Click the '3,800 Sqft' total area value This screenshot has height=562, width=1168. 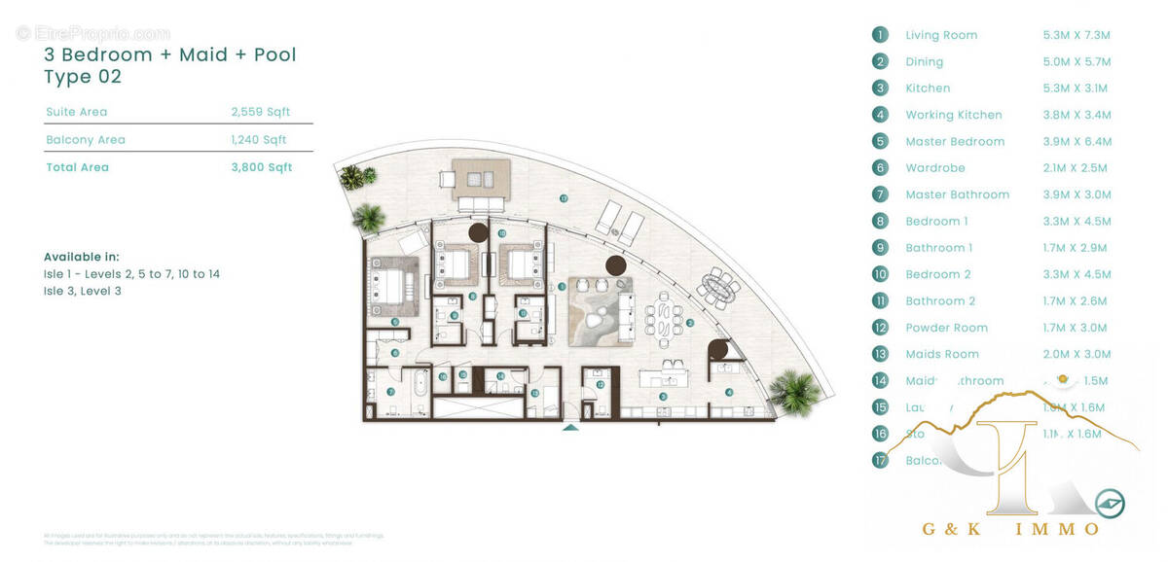[261, 167]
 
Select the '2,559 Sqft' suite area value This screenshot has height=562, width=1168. [261, 112]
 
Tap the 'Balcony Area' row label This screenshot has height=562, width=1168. [86, 140]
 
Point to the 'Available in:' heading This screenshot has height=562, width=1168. [82, 257]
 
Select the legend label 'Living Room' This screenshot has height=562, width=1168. [941, 35]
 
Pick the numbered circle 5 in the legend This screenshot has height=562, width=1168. [880, 141]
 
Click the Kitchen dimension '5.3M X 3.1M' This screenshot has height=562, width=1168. [1075, 88]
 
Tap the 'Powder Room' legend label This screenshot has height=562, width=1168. [946, 328]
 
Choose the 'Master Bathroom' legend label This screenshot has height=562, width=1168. [957, 194]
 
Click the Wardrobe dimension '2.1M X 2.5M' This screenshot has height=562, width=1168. [1075, 168]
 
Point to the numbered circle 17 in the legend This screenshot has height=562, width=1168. [880, 460]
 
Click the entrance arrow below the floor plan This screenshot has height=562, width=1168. [570, 426]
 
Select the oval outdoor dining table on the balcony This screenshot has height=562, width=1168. [719, 287]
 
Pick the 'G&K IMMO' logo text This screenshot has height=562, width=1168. [1010, 529]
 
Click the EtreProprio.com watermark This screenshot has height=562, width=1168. [93, 34]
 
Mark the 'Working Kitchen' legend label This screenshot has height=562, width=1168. [953, 115]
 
